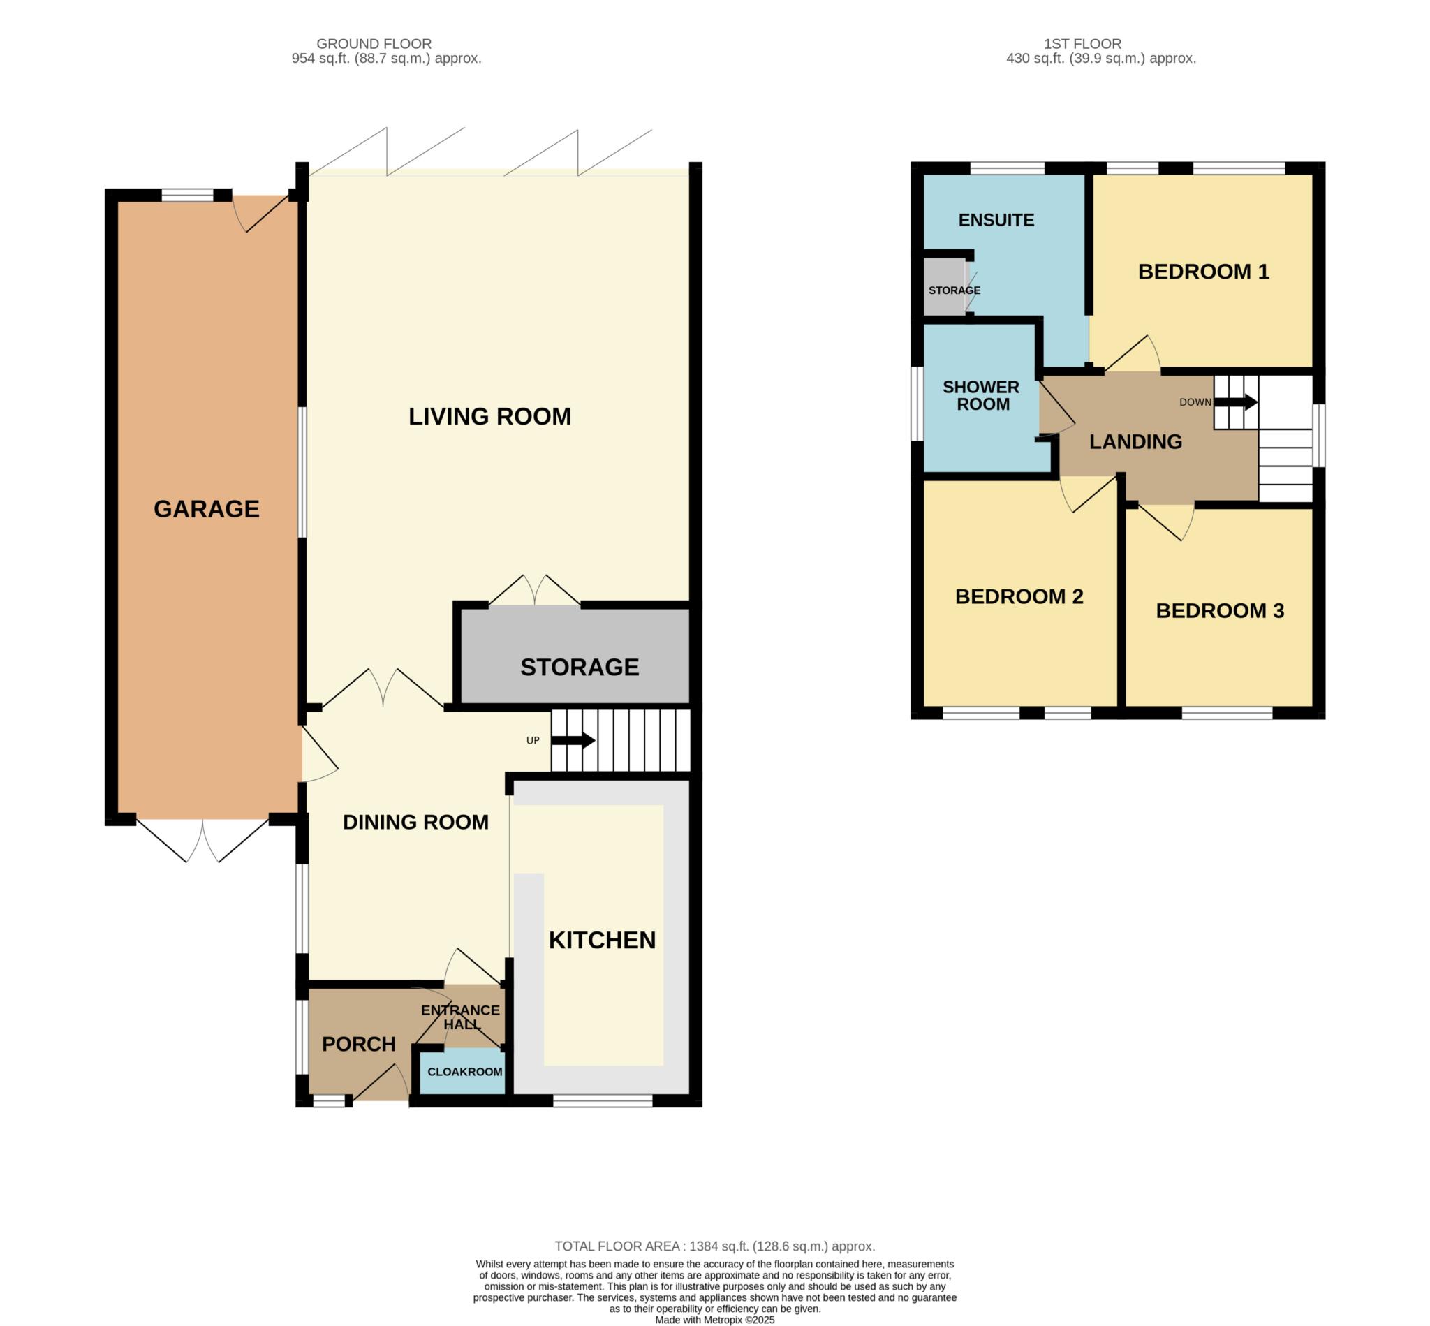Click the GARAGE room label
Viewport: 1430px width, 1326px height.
(x=206, y=509)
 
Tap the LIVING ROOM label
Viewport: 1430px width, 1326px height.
(x=489, y=416)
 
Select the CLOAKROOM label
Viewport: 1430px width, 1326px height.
(x=464, y=1072)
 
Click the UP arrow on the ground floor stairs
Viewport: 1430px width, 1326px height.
(x=573, y=739)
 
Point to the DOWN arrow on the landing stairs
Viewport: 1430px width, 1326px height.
(x=1234, y=402)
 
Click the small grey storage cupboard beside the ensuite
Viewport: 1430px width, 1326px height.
(x=944, y=286)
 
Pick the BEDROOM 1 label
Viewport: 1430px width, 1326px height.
(x=1203, y=271)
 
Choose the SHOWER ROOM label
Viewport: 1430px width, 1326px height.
(x=981, y=395)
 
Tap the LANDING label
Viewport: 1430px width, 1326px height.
(x=1135, y=441)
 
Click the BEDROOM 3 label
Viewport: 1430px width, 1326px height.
(x=1220, y=610)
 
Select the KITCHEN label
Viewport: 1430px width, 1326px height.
(x=602, y=940)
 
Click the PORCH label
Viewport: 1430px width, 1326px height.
(x=359, y=1044)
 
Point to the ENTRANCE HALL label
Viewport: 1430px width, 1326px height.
(x=461, y=1017)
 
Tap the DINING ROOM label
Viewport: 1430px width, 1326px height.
(x=415, y=822)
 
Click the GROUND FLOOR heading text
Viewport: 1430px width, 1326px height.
(x=374, y=44)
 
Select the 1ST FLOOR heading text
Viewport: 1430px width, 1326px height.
(x=1082, y=44)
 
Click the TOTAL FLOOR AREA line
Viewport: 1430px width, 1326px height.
(x=714, y=1246)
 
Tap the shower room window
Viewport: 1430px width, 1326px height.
(x=917, y=404)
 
